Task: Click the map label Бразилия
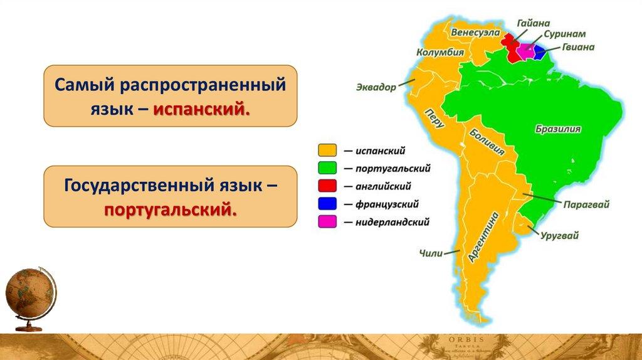557,129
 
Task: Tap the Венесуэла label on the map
475,33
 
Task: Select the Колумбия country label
440,53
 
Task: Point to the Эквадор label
376,87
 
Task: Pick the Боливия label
487,142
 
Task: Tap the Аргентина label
483,237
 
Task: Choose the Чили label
431,253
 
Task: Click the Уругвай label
559,235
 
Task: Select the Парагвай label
586,204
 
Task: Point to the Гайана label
533,23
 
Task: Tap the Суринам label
565,34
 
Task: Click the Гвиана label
577,47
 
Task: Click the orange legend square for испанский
327,151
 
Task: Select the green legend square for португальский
327,168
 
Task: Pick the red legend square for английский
327,186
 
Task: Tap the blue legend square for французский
327,204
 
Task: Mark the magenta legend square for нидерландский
327,221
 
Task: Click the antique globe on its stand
31,299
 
